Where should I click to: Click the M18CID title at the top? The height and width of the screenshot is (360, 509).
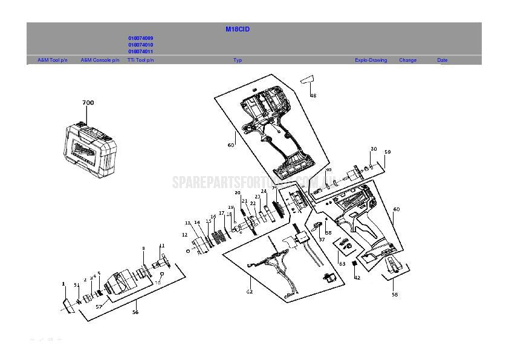coord(238,29)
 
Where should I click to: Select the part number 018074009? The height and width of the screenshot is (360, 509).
coord(140,38)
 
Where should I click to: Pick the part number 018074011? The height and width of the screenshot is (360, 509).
coord(140,52)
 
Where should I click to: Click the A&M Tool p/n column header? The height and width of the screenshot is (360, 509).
coord(53,61)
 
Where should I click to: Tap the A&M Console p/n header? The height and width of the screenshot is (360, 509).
coord(100,61)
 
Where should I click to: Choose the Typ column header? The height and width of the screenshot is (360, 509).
coord(238,61)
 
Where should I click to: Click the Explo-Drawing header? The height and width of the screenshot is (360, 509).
coord(371,61)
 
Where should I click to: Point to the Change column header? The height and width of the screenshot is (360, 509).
coord(407,61)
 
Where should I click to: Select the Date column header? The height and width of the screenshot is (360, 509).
coord(443,61)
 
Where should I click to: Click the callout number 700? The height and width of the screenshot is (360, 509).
coord(88,103)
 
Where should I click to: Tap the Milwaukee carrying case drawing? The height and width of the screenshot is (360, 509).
coord(89,145)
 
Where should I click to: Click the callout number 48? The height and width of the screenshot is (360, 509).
coord(313,96)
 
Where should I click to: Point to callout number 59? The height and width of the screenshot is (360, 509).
coord(387,152)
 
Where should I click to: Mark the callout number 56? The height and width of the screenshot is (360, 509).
coord(135,312)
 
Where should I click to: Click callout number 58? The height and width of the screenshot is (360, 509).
coord(395,295)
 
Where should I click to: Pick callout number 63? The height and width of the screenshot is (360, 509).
coord(342,263)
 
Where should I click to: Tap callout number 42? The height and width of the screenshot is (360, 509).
coord(357,278)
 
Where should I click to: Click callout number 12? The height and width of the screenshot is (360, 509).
coord(184,235)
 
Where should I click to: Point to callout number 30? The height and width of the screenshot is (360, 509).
coord(374,149)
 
